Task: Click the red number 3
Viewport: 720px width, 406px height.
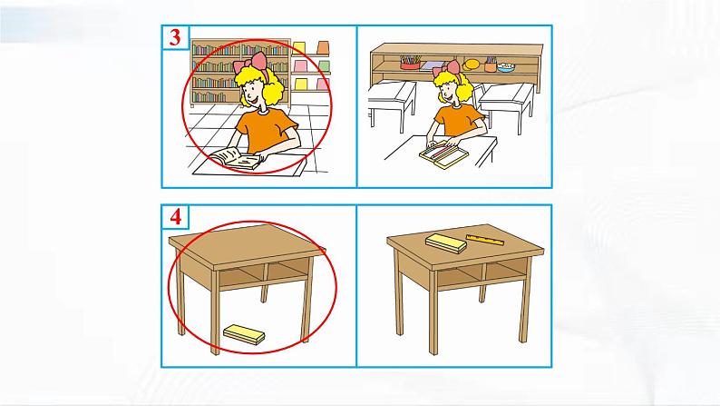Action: pyautogui.click(x=175, y=37)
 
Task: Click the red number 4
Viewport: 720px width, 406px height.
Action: pyautogui.click(x=175, y=216)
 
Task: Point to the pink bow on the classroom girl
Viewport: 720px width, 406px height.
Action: pyautogui.click(x=446, y=67)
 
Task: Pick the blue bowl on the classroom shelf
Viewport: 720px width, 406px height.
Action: pyautogui.click(x=506, y=67)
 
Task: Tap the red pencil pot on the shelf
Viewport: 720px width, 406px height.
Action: pyautogui.click(x=410, y=64)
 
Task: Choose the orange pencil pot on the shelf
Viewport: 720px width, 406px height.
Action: pyautogui.click(x=491, y=64)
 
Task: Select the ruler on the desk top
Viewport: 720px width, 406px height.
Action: pyautogui.click(x=485, y=240)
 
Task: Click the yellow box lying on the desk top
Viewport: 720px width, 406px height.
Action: pyautogui.click(x=446, y=243)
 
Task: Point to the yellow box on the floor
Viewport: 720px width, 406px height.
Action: pyautogui.click(x=244, y=334)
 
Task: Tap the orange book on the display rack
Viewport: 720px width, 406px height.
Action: pyautogui.click(x=323, y=47)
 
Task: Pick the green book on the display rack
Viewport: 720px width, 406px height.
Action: pyautogui.click(x=325, y=65)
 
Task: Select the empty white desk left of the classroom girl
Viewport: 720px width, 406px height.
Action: pyautogui.click(x=392, y=102)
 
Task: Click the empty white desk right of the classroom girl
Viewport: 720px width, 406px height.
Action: pyautogui.click(x=506, y=104)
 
